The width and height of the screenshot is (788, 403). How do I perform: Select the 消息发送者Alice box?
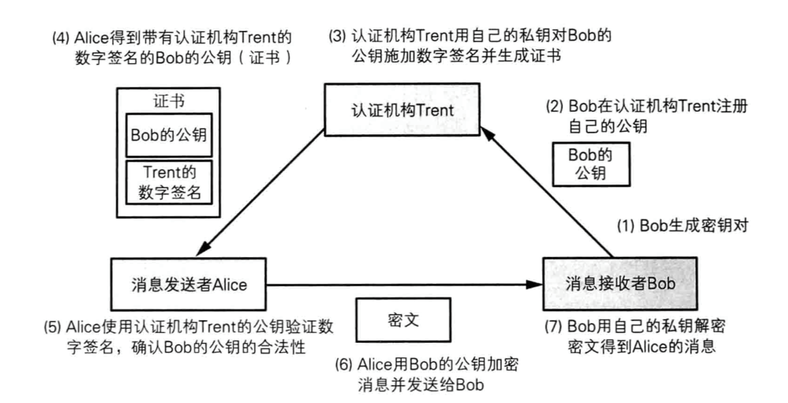188,284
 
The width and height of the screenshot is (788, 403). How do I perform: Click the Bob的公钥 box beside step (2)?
590,164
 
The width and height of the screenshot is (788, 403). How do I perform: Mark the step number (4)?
60,39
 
